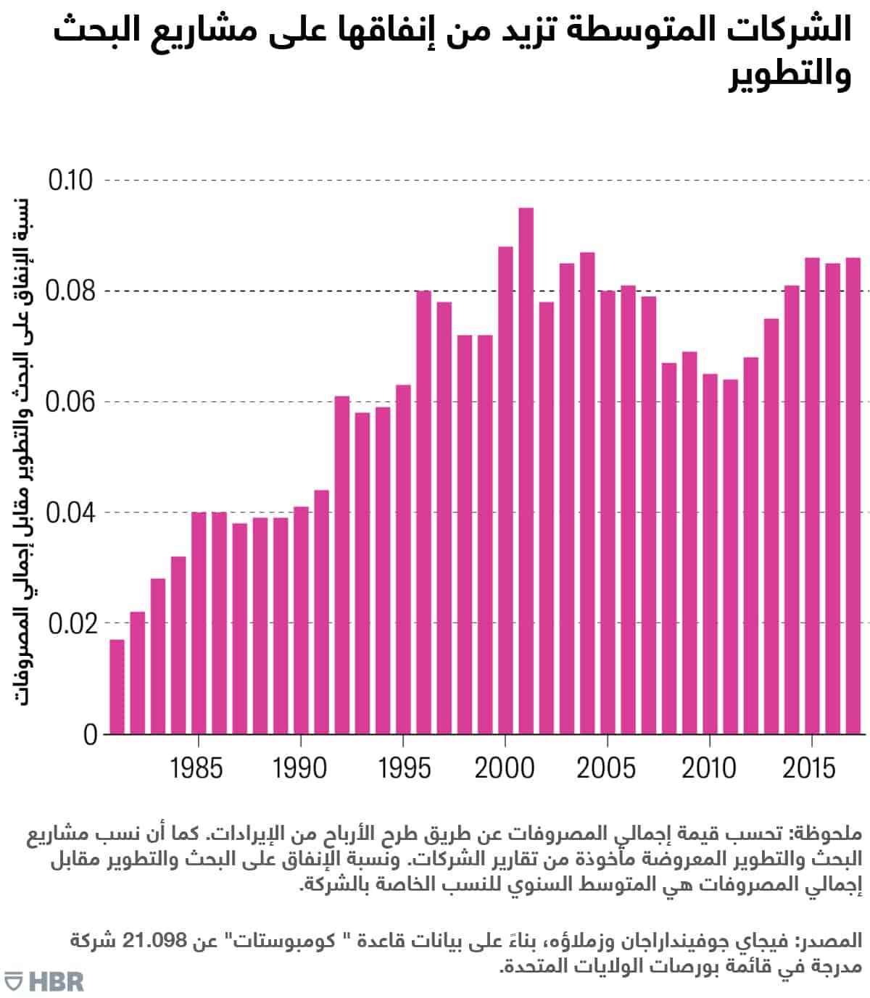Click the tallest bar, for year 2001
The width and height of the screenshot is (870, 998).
(x=526, y=471)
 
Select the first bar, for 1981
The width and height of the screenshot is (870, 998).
(x=117, y=687)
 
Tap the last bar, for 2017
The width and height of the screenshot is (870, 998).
(x=853, y=496)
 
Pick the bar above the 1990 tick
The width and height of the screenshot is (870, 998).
(x=301, y=620)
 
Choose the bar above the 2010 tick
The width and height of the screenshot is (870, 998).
(x=710, y=554)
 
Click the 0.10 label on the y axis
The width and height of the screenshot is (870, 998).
(x=71, y=180)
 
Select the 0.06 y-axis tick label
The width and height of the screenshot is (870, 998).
(x=71, y=402)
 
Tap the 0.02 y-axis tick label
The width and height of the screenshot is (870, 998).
(x=71, y=624)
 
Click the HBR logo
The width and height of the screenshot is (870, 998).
(x=43, y=981)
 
